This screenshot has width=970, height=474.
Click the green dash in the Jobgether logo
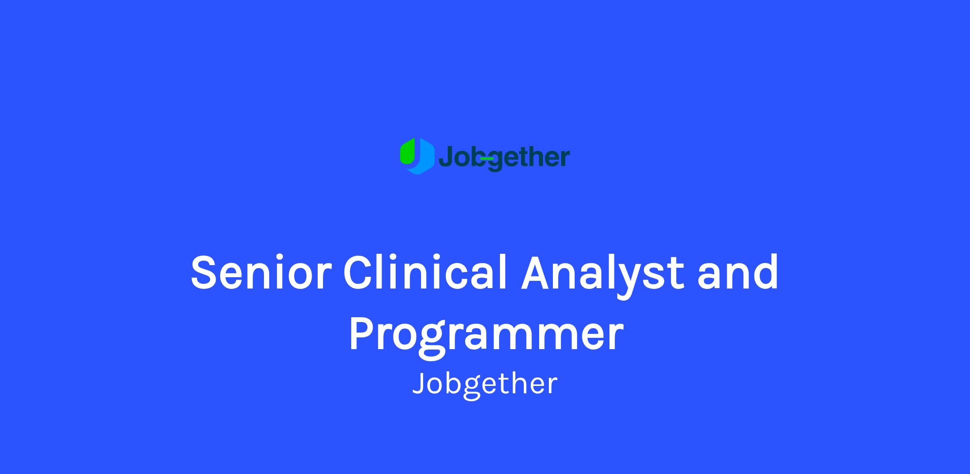pos(487,159)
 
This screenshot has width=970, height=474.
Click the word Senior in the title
pos(261,272)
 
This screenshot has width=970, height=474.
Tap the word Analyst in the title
pos(602,276)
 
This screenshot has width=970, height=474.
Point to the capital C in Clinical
pos(359,272)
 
